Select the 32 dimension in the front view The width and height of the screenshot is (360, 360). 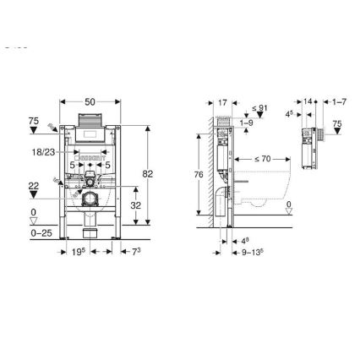pos(136,205)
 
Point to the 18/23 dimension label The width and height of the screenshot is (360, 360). pos(43,151)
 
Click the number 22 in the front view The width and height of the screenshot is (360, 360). pos(34,185)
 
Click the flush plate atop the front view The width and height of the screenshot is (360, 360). pos(90,118)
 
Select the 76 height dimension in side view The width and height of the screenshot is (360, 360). pos(199,174)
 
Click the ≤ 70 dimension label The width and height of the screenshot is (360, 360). pos(262,158)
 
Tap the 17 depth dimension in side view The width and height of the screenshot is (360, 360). pos(222,102)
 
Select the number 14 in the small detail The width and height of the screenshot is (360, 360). pos(308,101)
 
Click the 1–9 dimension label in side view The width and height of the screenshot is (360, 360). pos(246,123)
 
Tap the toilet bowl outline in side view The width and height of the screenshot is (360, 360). pos(270,190)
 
